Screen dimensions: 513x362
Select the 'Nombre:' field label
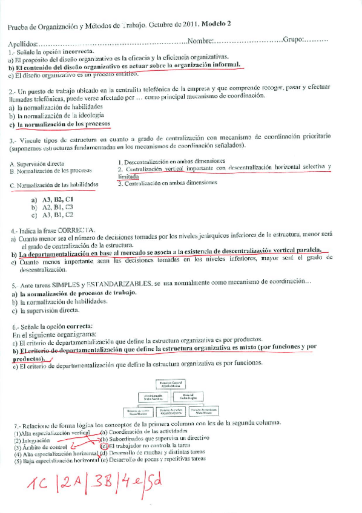pos(200,41)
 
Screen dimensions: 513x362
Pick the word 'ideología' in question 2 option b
pos(88,114)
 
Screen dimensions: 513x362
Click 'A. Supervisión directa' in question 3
pos(38,164)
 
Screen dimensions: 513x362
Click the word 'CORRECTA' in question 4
pos(76,230)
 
